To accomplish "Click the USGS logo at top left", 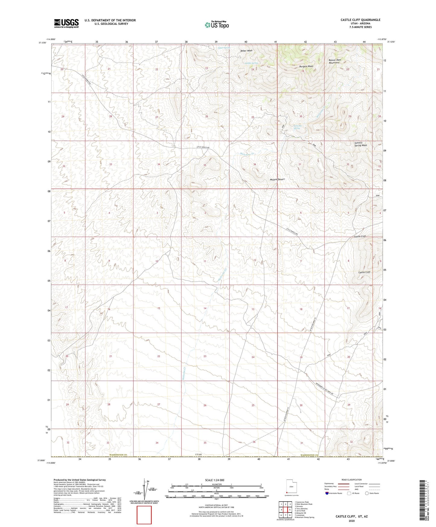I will (x=66, y=23).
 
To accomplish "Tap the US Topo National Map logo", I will (x=217, y=24).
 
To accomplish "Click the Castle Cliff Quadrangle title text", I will (x=360, y=20).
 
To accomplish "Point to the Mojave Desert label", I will (x=277, y=179).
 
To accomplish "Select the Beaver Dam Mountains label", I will (x=335, y=61).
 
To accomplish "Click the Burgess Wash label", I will (x=306, y=66).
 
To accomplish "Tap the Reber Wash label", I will (x=246, y=51).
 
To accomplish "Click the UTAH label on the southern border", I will (x=198, y=454).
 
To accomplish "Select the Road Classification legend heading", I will (x=352, y=480).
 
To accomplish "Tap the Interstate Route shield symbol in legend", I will (x=327, y=493).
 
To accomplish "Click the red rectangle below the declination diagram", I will (x=144, y=515).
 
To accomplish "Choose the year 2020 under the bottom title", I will (x=352, y=521).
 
